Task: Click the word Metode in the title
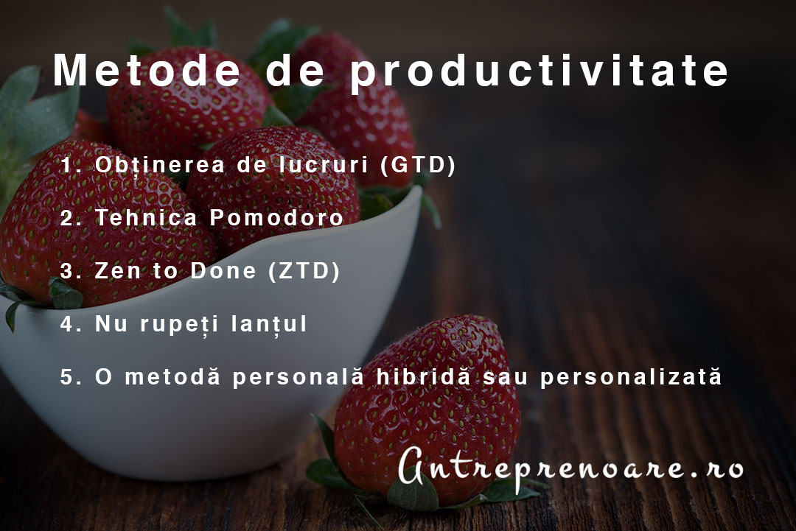pos(147,70)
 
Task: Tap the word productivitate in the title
pos(540,71)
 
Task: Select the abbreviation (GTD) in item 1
pos(419,165)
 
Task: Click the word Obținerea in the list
pos(159,165)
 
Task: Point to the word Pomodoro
pos(276,217)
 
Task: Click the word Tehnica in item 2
pos(146,217)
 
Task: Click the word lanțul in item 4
pos(269,323)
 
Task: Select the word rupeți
pos(179,325)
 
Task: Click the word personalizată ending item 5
pos(630,377)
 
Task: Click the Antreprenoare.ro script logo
pos(570,468)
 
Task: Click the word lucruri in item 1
pos(324,165)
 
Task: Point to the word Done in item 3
pos(223,270)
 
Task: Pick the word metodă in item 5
pos(172,376)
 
